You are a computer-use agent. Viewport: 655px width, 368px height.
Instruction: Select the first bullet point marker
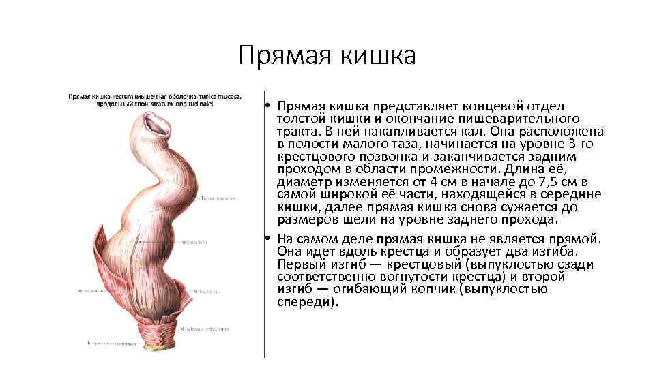(270, 107)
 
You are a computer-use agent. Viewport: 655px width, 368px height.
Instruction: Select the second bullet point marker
(270, 239)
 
